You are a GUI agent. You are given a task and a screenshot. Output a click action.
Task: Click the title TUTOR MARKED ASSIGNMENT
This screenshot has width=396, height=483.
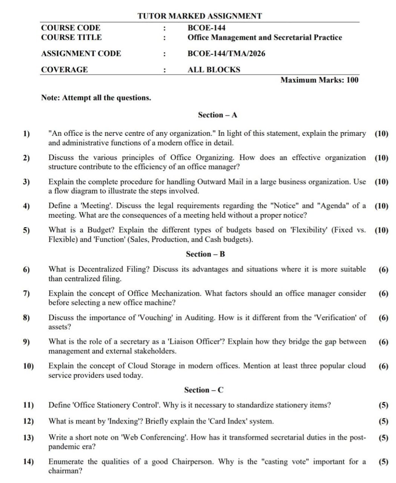click(200, 16)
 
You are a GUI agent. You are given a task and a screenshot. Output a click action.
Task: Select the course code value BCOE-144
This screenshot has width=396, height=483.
click(206, 28)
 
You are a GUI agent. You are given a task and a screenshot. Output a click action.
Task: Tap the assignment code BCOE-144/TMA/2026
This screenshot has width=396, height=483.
click(226, 54)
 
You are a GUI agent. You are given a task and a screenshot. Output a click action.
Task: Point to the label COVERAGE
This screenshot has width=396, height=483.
click(64, 69)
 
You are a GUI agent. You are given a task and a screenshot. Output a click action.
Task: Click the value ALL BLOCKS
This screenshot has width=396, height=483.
click(214, 69)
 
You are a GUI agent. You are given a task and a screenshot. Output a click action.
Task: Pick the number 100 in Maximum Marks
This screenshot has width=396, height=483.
click(352, 80)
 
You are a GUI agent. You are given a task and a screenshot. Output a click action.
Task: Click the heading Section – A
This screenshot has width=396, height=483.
click(218, 115)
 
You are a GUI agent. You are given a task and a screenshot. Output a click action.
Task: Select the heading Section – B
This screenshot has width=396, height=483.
click(205, 254)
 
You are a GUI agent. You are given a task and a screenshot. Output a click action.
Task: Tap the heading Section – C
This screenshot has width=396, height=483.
click(204, 390)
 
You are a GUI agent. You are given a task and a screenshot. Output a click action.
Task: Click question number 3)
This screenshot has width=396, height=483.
click(26, 182)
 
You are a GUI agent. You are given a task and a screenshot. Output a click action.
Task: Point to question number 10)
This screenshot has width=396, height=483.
click(28, 366)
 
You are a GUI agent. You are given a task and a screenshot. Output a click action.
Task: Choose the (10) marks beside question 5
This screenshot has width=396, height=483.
click(381, 230)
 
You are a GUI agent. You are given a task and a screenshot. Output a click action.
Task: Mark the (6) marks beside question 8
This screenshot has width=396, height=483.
click(383, 318)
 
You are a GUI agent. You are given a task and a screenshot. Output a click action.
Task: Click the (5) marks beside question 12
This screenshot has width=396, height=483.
click(383, 421)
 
